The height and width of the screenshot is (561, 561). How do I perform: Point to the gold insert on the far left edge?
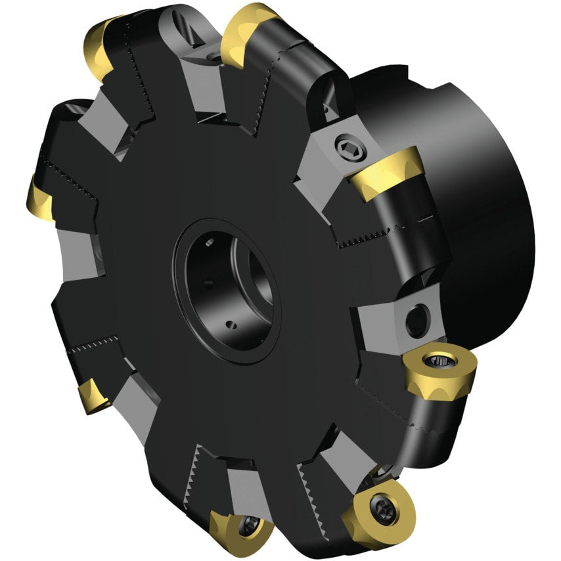tap(41, 199)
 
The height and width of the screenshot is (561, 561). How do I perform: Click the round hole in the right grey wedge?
tap(416, 321)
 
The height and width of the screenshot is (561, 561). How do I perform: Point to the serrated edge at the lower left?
tap(99, 346)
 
